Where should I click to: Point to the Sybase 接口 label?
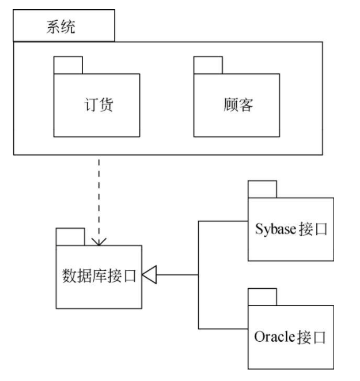click(291, 229)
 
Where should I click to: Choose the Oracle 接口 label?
click(290, 336)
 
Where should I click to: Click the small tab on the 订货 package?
click(68, 66)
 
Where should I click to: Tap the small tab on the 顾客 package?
click(207, 66)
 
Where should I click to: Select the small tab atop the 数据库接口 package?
click(70, 237)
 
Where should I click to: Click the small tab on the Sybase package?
click(263, 189)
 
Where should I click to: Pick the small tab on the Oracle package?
click(263, 296)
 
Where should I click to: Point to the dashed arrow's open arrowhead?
click(99, 242)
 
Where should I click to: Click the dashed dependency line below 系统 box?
click(99, 196)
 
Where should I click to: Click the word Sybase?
click(275, 229)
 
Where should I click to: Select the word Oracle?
click(274, 336)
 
